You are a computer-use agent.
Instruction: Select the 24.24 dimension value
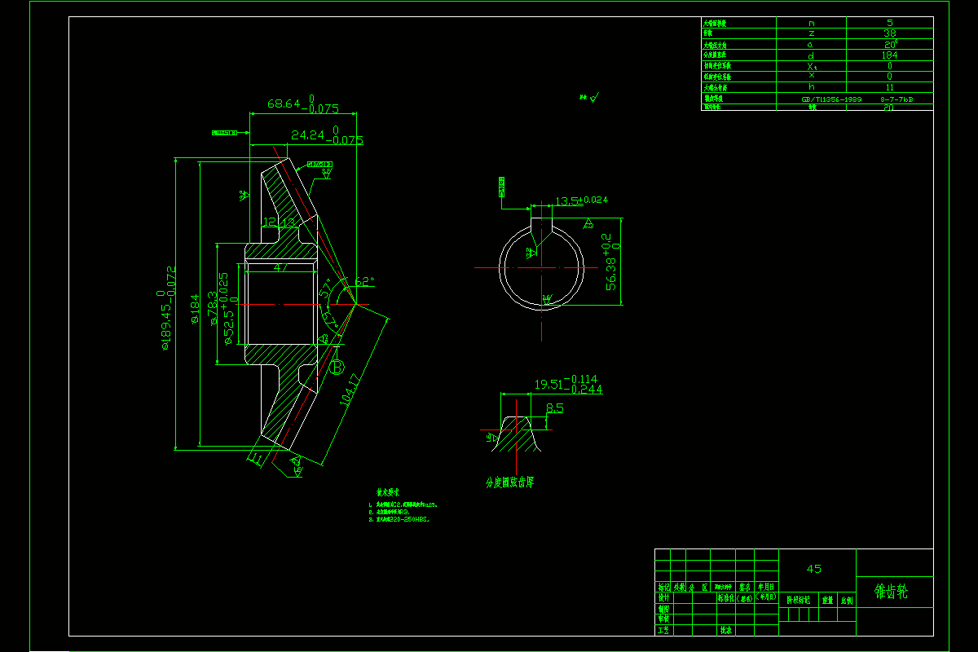[x=307, y=134]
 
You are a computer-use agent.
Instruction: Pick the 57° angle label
[x=328, y=290]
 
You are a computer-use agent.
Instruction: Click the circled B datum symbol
[x=337, y=368]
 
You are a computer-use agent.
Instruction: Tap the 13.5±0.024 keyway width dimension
[x=581, y=200]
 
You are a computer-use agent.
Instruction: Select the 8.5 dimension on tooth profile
[x=555, y=407]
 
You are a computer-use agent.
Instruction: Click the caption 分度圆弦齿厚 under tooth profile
[x=509, y=482]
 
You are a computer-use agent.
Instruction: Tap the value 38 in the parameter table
[x=890, y=33]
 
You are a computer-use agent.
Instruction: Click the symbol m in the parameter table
[x=811, y=23]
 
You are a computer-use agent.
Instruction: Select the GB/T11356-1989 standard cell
[x=831, y=98]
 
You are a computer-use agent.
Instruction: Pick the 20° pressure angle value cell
[x=890, y=45]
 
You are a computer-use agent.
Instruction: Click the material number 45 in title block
[x=813, y=569]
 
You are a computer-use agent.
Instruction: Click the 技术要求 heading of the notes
[x=388, y=493]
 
